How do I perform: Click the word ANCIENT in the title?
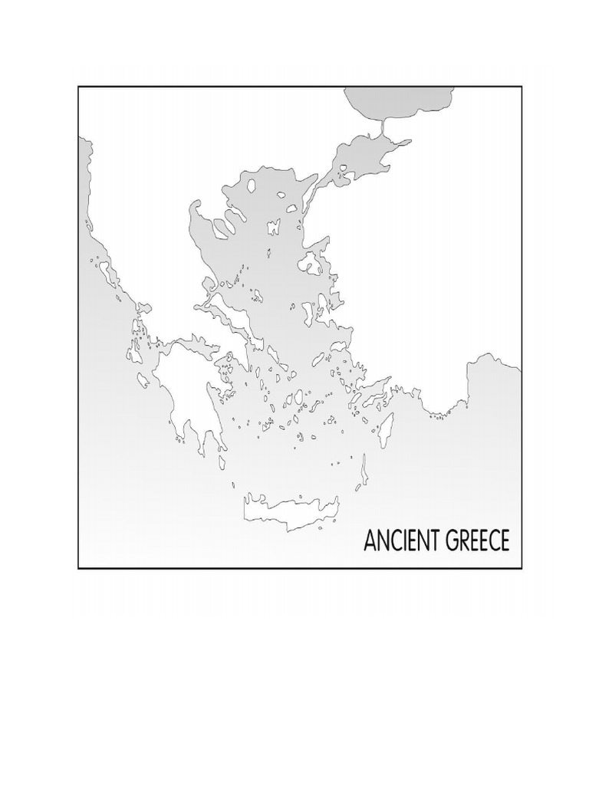[x=400, y=540]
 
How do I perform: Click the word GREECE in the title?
[x=475, y=540]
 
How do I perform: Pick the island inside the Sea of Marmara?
[x=342, y=168]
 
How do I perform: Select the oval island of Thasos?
[x=291, y=207]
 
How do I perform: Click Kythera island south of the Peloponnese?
[x=222, y=463]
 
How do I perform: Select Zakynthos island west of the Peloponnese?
[x=143, y=380]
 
